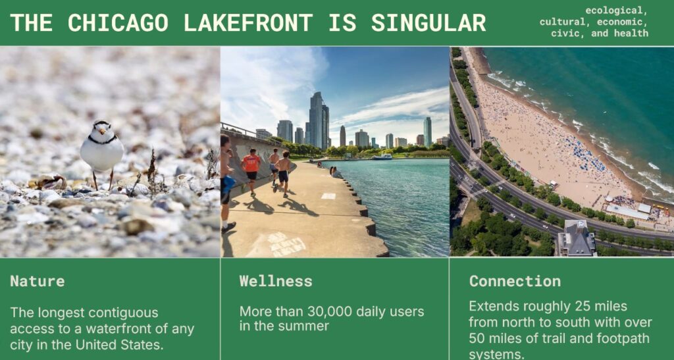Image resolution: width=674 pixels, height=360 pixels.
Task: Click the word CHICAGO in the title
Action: tap(118, 22)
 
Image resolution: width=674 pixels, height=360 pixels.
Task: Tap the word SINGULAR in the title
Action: tap(428, 22)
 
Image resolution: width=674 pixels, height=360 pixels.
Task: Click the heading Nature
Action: tap(38, 282)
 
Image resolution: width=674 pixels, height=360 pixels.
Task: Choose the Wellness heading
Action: tap(276, 282)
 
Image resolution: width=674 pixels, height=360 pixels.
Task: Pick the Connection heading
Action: tap(515, 282)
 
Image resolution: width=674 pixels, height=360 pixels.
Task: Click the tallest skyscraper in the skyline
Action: tap(317, 120)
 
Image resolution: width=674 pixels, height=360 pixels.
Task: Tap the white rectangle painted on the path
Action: tap(328, 196)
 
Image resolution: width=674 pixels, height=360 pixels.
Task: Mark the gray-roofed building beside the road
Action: tap(577, 238)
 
